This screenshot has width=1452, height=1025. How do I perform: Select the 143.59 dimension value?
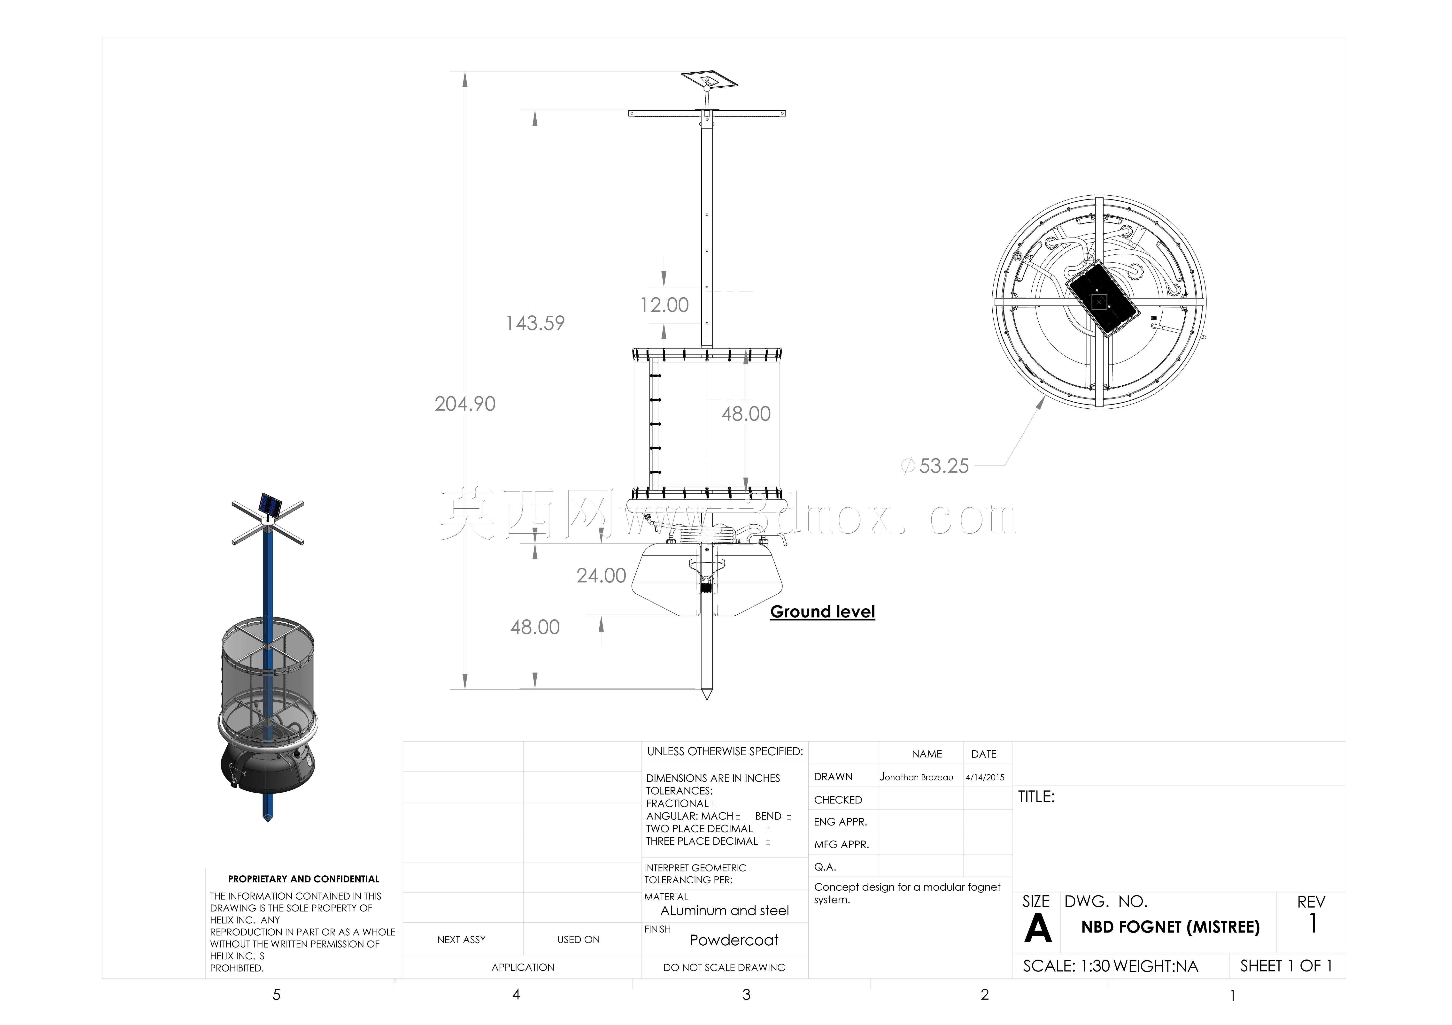coord(535,323)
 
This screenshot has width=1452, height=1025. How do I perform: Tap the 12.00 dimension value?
coord(664,305)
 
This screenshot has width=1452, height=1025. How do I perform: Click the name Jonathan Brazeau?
coord(916,777)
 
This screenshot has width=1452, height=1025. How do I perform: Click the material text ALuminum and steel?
coord(725,910)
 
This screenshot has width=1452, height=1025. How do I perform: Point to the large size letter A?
coord(1038,928)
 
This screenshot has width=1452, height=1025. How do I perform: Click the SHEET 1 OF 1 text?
coord(1286,966)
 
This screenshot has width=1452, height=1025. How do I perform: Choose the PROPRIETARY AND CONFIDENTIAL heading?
coord(304,879)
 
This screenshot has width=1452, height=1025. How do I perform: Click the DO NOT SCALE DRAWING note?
coord(725,967)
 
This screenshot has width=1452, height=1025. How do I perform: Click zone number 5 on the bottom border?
coord(276,995)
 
